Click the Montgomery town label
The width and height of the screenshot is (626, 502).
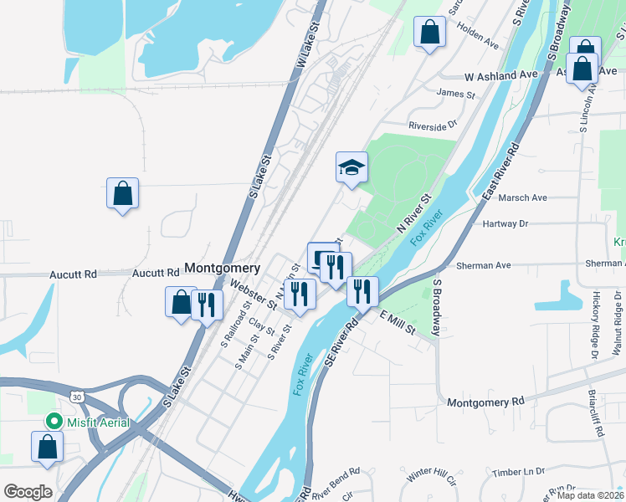pyautogui.click(x=222, y=268)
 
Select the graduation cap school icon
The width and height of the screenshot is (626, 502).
pyautogui.click(x=352, y=167)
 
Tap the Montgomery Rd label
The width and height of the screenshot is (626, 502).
pyautogui.click(x=485, y=402)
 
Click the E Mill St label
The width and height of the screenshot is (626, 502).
pyautogui.click(x=398, y=321)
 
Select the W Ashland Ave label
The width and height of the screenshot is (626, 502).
pyautogui.click(x=501, y=75)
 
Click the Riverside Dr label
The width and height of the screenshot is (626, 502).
pyautogui.click(x=433, y=125)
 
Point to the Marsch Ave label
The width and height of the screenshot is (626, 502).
pyautogui.click(x=522, y=198)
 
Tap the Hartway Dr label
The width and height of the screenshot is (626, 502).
pyautogui.click(x=506, y=224)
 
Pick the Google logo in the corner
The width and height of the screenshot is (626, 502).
pyautogui.click(x=28, y=491)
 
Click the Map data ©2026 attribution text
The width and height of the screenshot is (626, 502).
pyautogui.click(x=591, y=495)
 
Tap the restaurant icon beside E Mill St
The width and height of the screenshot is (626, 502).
pyautogui.click(x=362, y=291)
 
